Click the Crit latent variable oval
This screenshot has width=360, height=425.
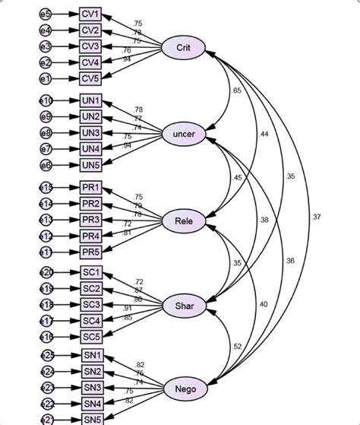tap(183, 48)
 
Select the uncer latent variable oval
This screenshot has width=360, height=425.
tap(183, 135)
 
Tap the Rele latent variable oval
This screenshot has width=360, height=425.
tap(183, 221)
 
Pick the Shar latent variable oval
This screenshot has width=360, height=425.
tap(183, 306)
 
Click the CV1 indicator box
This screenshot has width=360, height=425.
tap(91, 14)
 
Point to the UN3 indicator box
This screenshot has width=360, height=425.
tap(91, 132)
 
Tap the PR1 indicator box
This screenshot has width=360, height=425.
tap(91, 188)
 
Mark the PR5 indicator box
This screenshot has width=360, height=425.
tap(91, 252)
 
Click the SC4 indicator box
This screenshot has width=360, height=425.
tap(91, 320)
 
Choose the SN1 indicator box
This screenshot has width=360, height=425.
tap(91, 357)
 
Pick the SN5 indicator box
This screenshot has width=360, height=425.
tap(91, 419)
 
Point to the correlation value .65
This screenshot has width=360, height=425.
tap(235, 91)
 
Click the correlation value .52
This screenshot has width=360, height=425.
tap(238, 347)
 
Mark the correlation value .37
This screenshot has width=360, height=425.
tap(315, 218)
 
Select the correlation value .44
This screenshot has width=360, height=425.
tap(264, 135)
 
